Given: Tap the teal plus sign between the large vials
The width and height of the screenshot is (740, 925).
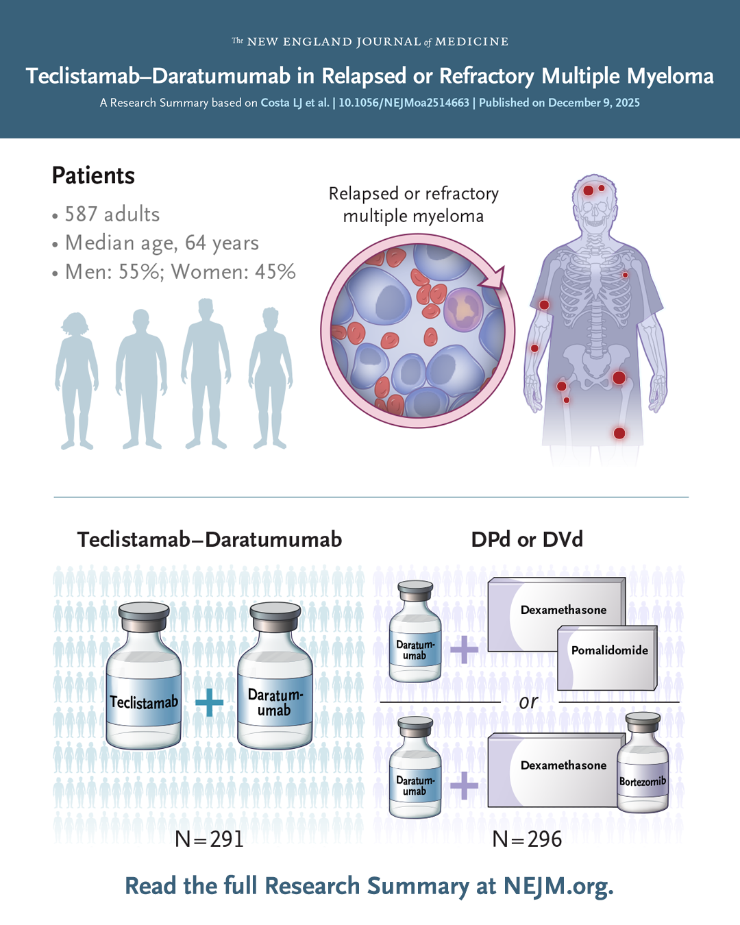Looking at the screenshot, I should tap(209, 702).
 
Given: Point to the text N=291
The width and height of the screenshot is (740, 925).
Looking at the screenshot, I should tap(209, 839).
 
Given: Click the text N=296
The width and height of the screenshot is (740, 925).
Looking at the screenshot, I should tap(527, 839).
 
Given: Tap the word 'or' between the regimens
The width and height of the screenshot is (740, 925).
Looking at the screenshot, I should tap(528, 702).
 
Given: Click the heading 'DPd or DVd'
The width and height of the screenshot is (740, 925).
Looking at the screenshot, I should tap(527, 539).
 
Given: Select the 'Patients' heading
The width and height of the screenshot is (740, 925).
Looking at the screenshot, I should tap(93, 175).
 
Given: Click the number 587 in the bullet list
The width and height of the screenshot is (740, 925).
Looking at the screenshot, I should tap(80, 214).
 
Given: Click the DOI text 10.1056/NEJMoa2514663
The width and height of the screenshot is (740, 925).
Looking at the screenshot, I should tap(404, 103).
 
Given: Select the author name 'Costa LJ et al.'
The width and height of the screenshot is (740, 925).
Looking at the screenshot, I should tap(295, 103).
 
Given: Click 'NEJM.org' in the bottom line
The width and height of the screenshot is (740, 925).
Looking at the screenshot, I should tap(558, 886).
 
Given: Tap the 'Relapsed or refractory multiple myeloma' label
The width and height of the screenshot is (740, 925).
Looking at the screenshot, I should tap(413, 204).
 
